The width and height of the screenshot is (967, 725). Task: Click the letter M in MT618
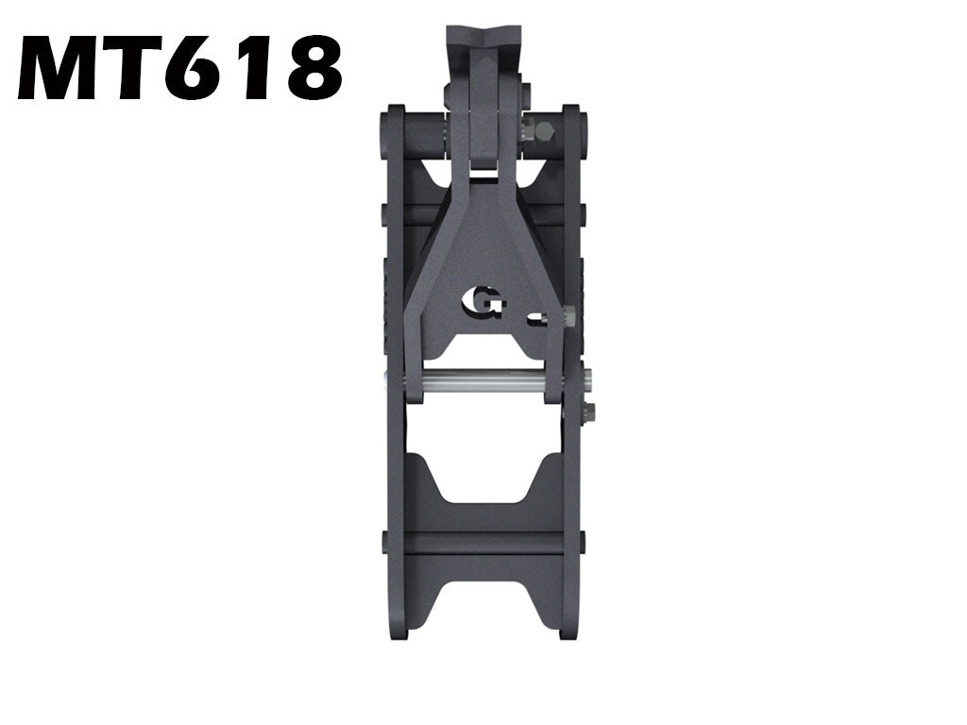point(64,68)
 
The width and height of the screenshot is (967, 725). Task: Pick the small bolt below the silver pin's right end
point(589,412)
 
